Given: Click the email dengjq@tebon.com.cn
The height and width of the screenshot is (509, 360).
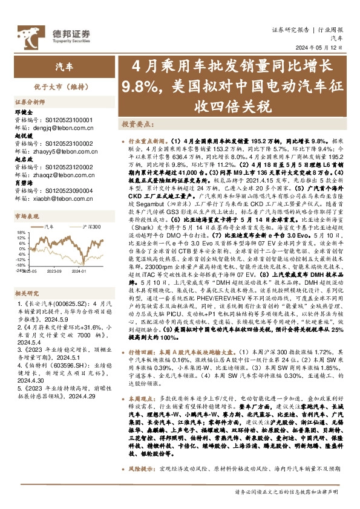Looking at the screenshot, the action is click(54, 129).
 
